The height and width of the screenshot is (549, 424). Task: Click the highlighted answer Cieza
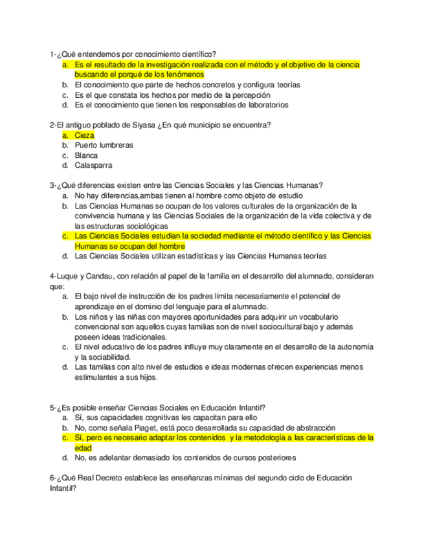pyautogui.click(x=84, y=135)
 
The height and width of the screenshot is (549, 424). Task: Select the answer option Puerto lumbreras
pyautogui.click(x=104, y=146)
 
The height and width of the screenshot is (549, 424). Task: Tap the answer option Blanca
pyautogui.click(x=86, y=155)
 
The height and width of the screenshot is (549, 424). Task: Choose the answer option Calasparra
pyautogui.click(x=93, y=165)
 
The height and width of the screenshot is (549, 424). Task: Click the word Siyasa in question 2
pyautogui.click(x=140, y=125)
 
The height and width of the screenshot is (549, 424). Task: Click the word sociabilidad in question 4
pyautogui.click(x=107, y=357)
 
